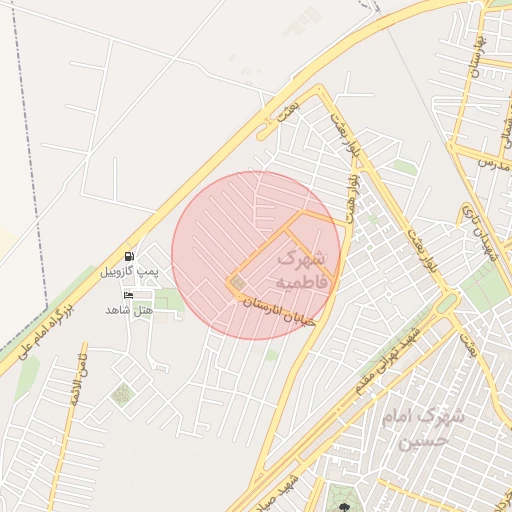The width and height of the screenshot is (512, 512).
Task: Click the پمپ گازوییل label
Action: (x=129, y=271)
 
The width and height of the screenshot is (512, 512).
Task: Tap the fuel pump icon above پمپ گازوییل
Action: (x=129, y=256)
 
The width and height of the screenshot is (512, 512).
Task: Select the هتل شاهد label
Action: (x=129, y=310)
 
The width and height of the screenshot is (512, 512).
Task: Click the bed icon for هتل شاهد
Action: (x=128, y=295)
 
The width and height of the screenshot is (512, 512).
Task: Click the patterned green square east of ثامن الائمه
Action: (x=122, y=394)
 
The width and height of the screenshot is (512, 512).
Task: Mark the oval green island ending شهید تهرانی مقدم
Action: (x=446, y=302)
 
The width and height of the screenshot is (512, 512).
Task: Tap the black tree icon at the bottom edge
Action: (x=344, y=508)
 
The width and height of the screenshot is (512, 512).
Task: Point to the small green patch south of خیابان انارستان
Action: (x=271, y=354)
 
